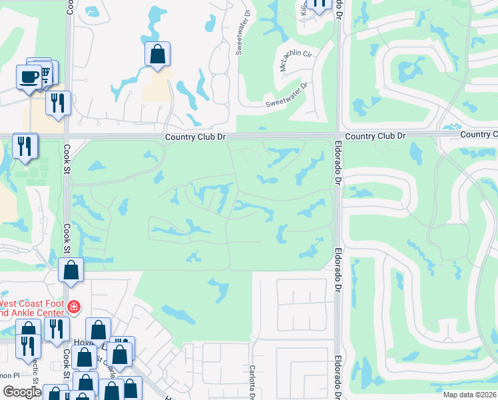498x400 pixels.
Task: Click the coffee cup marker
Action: click(28, 77)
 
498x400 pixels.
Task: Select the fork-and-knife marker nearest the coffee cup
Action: click(58, 103)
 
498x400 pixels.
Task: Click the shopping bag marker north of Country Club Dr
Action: click(158, 55)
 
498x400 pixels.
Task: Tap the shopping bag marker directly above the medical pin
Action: click(71, 271)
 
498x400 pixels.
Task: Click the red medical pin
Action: click(73, 307)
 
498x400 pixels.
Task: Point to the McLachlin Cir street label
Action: click(295, 61)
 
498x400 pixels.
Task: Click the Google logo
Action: click(22, 392)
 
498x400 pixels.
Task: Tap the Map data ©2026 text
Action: click(469, 394)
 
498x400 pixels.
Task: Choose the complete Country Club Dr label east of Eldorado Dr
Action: click(375, 135)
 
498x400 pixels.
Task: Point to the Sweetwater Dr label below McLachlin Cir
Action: click(288, 94)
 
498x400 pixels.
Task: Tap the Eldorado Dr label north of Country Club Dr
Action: click(338, 11)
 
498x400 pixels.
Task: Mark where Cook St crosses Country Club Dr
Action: click(68, 136)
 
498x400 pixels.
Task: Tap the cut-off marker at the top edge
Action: click(320, 5)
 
